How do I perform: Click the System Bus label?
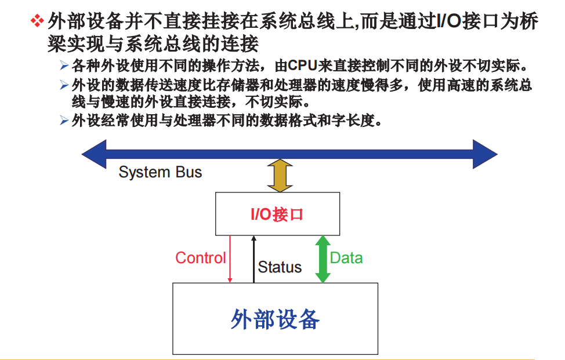(160, 172)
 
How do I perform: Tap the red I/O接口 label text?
(277, 215)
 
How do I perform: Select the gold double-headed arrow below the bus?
(280, 176)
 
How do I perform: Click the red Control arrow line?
(230, 259)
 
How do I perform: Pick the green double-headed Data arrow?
(323, 259)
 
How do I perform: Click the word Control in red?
(200, 258)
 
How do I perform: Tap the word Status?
(280, 267)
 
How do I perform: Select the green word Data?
(346, 258)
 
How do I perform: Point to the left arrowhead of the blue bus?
(93, 154)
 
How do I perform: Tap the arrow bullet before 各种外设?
(64, 64)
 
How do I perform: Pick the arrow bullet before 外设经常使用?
(64, 121)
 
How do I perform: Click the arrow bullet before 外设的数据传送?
(64, 85)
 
